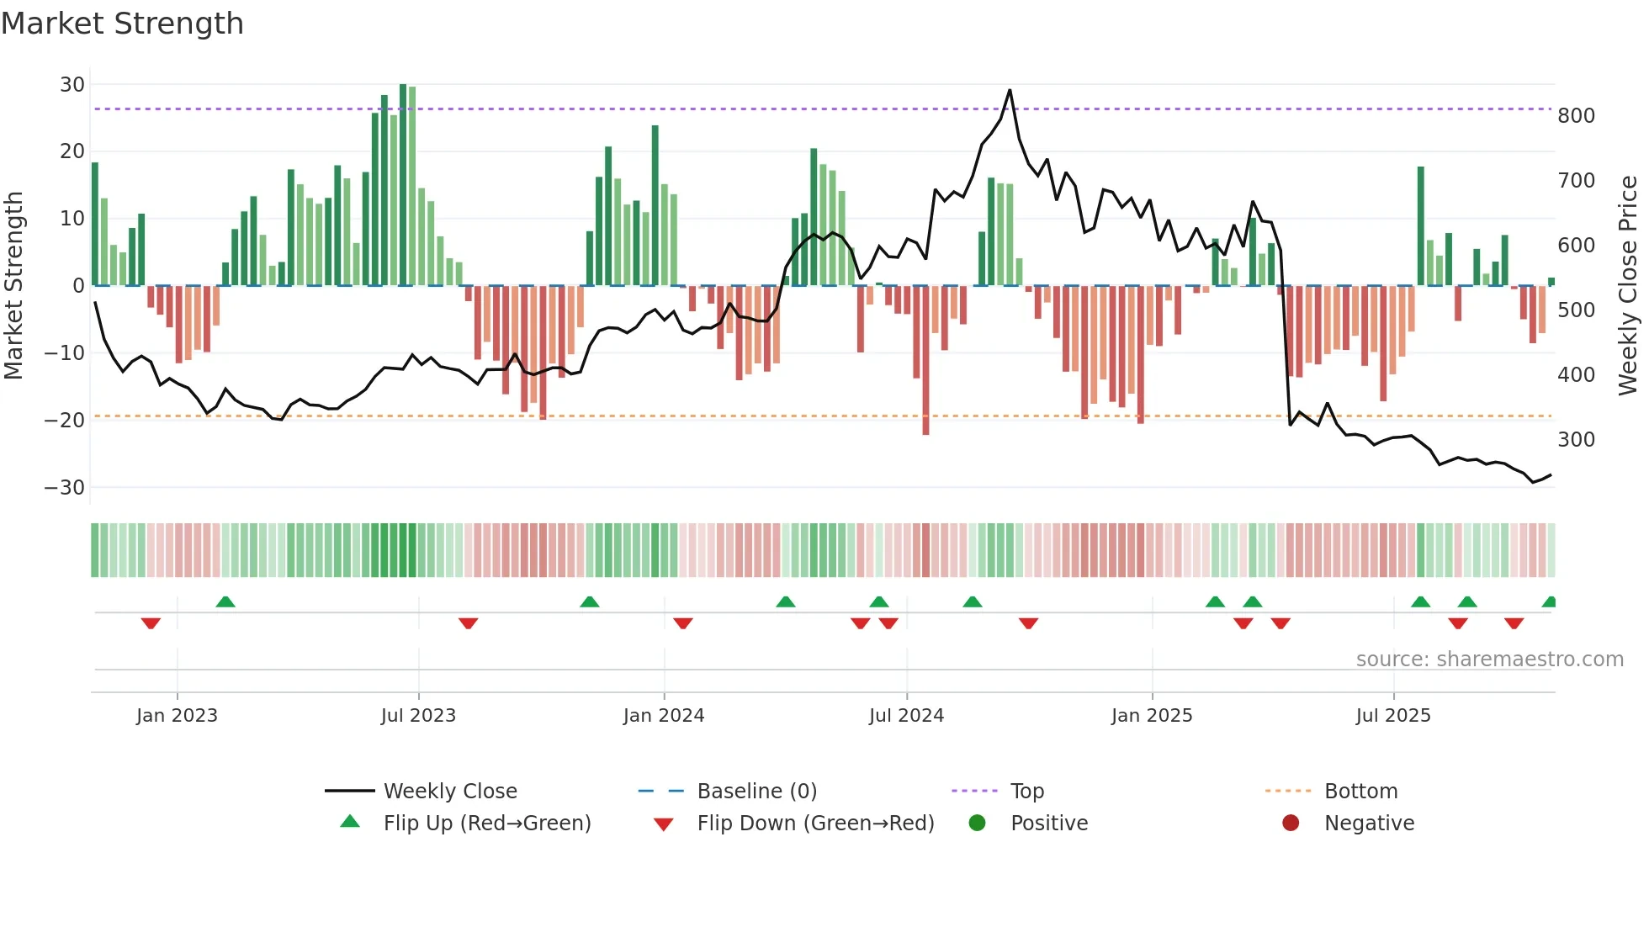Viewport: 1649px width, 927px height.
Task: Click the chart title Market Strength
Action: click(122, 24)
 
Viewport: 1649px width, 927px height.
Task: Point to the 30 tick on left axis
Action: click(72, 85)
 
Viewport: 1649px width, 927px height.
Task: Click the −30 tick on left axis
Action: click(65, 488)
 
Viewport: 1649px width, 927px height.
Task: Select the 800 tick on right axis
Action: click(1576, 116)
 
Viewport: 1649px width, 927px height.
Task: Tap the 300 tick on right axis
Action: click(1576, 440)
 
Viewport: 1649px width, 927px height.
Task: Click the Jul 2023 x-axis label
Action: click(418, 716)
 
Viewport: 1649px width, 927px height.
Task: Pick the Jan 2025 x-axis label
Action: click(1152, 716)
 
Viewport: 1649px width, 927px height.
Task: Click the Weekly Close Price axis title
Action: click(1628, 286)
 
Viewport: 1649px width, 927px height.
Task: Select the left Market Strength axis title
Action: click(14, 286)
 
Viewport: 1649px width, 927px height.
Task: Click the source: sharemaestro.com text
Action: click(1489, 659)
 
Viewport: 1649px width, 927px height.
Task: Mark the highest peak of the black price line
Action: click(1010, 90)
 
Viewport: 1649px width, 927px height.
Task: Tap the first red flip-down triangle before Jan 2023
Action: click(151, 623)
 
